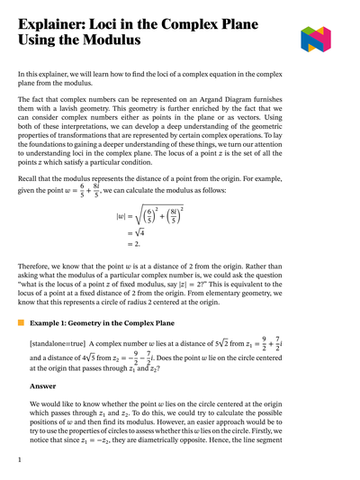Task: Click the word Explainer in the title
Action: pos(58,20)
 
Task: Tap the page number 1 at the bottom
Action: pos(20,460)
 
